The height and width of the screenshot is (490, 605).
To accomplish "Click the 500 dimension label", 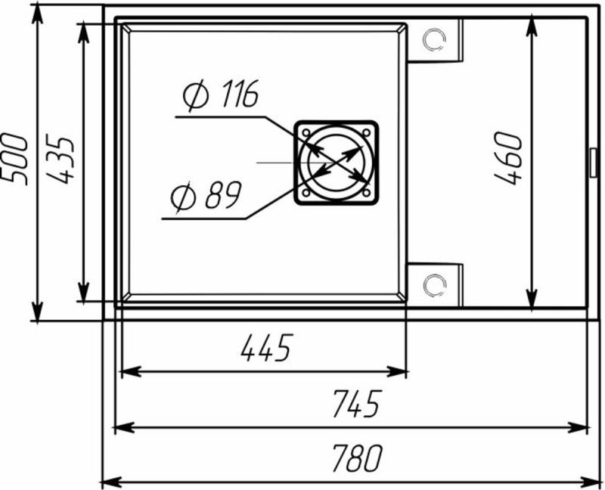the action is [x=14, y=159].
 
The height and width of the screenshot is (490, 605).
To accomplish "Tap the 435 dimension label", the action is [x=60, y=159].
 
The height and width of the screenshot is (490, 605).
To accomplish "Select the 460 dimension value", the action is [x=508, y=158].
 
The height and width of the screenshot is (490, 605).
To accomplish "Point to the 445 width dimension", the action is [x=266, y=348].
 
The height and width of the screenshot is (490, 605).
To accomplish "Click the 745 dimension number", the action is [x=357, y=404].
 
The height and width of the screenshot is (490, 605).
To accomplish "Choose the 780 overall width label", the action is [x=357, y=458].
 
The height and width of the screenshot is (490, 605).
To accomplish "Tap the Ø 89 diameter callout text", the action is [x=206, y=195].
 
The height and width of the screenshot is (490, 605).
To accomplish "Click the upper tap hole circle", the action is [x=434, y=39].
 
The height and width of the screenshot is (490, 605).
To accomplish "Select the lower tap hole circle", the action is [x=434, y=286].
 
